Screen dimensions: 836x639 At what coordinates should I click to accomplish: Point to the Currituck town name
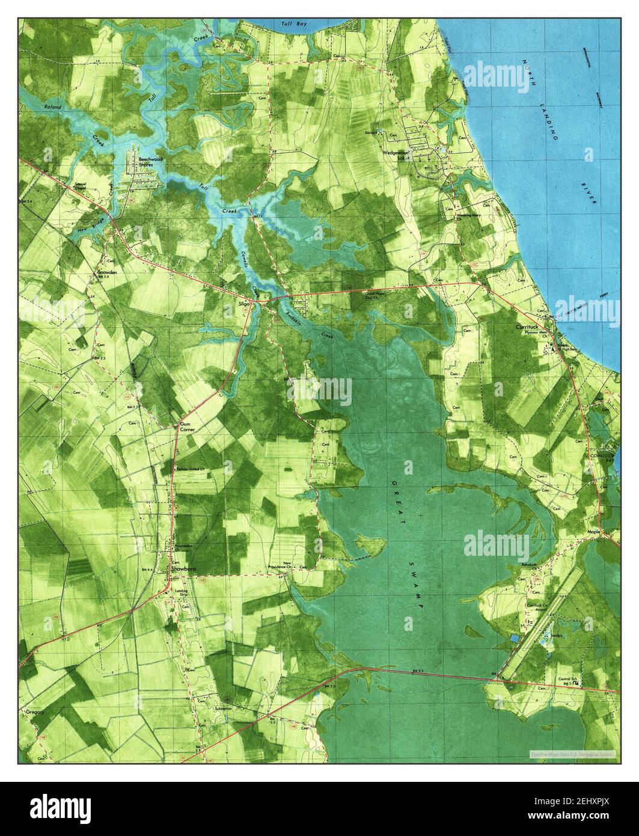click(x=530, y=327)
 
